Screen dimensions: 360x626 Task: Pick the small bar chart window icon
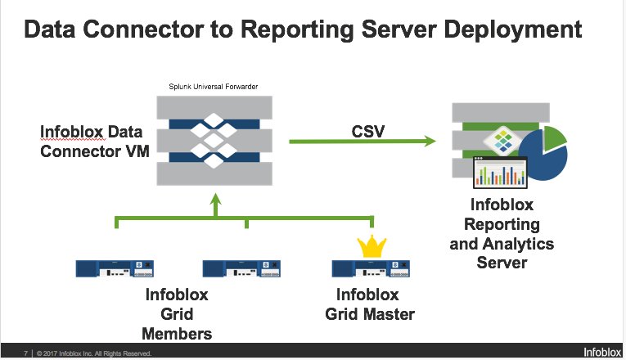tap(500, 174)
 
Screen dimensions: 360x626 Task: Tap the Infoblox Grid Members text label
tap(176, 313)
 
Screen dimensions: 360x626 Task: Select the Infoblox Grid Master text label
tap(367, 304)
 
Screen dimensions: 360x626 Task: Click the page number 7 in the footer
tap(27, 353)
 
